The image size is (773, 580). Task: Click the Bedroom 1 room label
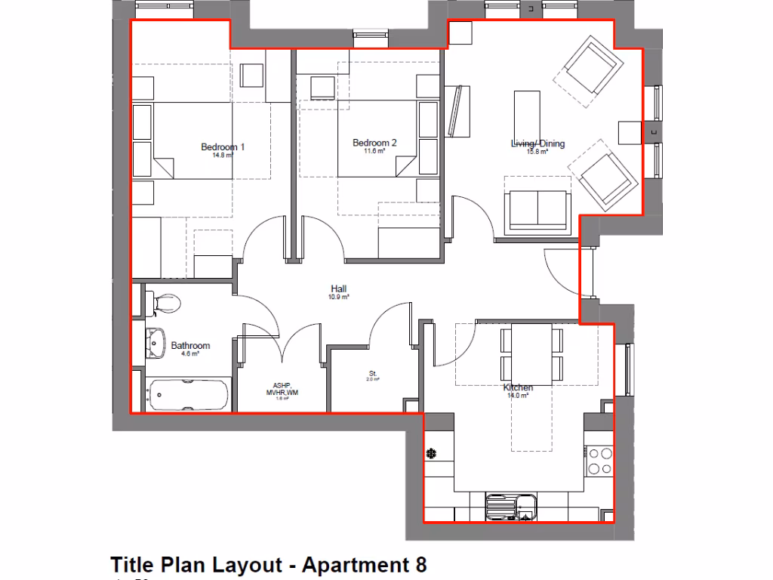pyautogui.click(x=223, y=147)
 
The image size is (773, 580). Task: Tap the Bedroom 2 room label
pyautogui.click(x=374, y=143)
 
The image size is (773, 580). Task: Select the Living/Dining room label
pyautogui.click(x=537, y=143)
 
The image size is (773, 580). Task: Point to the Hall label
pyautogui.click(x=338, y=288)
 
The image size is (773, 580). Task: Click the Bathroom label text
pyautogui.click(x=190, y=346)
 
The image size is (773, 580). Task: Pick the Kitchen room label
pyautogui.click(x=519, y=387)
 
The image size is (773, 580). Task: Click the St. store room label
pyautogui.click(x=373, y=373)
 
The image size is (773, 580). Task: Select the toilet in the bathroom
pyautogui.click(x=164, y=304)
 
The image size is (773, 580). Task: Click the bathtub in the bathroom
pyautogui.click(x=189, y=394)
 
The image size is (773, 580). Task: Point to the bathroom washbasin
pyautogui.click(x=156, y=344)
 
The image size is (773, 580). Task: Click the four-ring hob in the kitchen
pyautogui.click(x=600, y=461)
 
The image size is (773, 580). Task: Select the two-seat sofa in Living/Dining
pyautogui.click(x=537, y=209)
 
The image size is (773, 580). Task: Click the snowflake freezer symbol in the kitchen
pyautogui.click(x=432, y=454)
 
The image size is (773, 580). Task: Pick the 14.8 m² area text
pyautogui.click(x=223, y=156)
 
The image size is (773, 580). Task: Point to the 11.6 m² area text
pyautogui.click(x=374, y=152)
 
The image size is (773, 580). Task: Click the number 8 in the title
pyautogui.click(x=419, y=565)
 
